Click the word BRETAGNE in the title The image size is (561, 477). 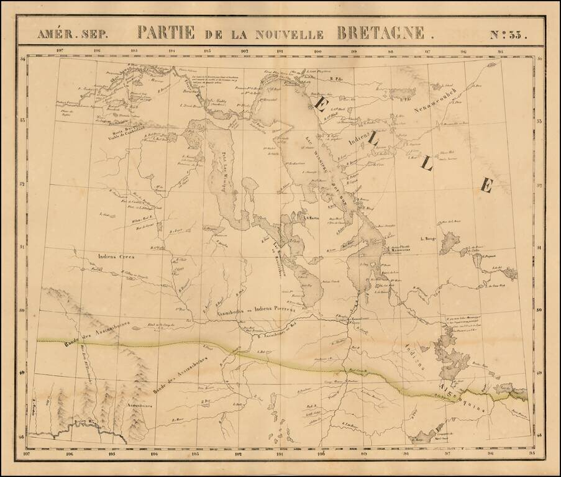click(x=381, y=32)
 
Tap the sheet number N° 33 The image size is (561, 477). click(x=508, y=34)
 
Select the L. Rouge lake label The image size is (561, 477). click(x=429, y=237)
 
